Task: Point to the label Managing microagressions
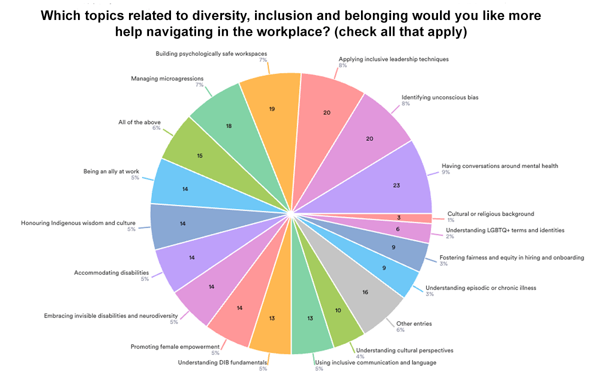167,78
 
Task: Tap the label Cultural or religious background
490,214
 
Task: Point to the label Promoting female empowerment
175,347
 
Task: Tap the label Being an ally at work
111,172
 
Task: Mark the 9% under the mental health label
446,172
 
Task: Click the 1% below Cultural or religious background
450,220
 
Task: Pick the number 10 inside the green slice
338,310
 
